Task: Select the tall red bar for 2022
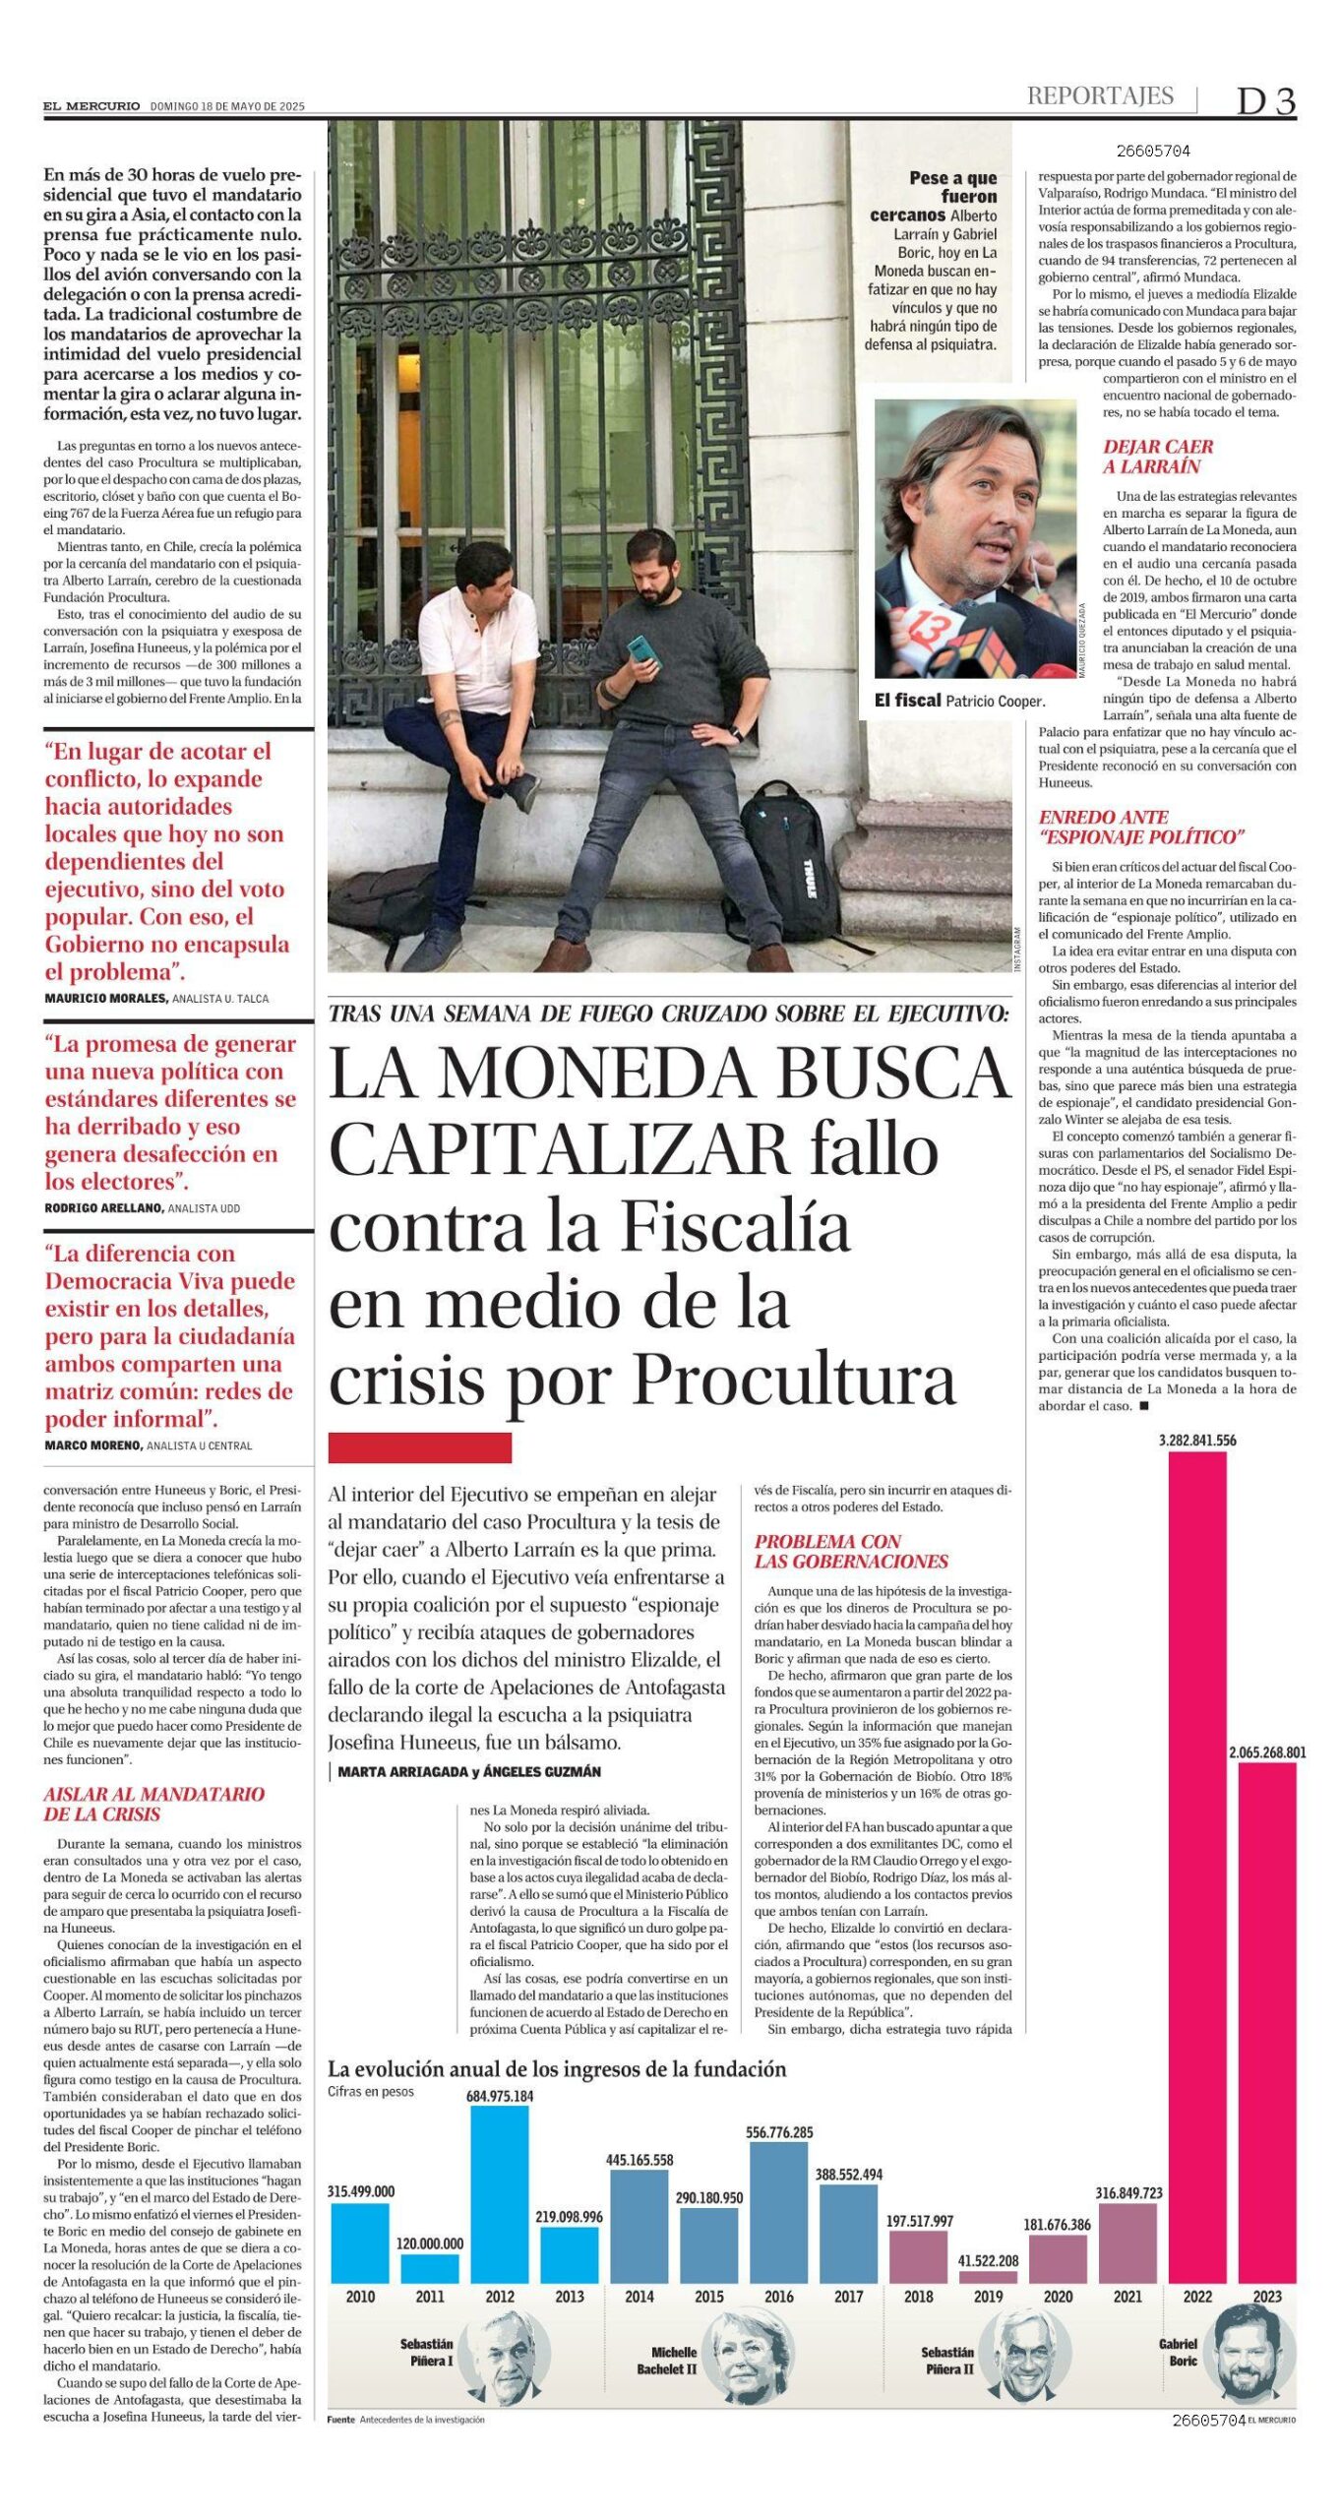pos(1196,1870)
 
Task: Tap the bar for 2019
pos(988,2277)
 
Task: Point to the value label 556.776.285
pos(778,2132)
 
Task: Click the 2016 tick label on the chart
pos(778,2297)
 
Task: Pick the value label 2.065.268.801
pos(1267,1751)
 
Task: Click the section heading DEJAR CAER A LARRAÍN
pos(1157,457)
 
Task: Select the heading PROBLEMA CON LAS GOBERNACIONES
pos(851,1551)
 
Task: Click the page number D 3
pos(1265,101)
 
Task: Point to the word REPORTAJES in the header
pos(1100,95)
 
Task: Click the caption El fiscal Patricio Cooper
pos(959,701)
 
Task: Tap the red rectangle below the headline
pos(419,1447)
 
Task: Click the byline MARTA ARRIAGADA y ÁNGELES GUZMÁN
pos(468,1771)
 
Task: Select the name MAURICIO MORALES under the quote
pos(105,998)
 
